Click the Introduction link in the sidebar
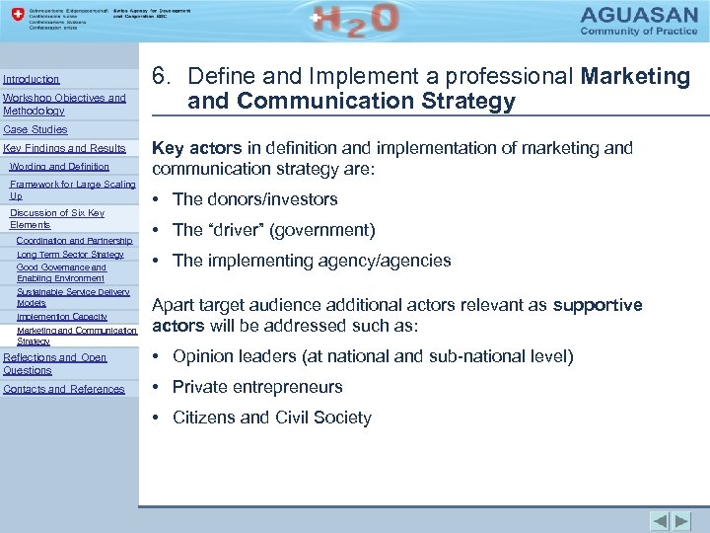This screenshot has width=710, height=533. [x=32, y=79]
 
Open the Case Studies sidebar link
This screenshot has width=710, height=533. [x=35, y=129]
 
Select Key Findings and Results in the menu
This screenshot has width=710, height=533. [x=65, y=148]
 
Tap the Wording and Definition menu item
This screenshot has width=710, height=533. [x=59, y=167]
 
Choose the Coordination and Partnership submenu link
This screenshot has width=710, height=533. [x=74, y=240]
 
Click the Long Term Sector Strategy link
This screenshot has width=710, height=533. [x=70, y=255]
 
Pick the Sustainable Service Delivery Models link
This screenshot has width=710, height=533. [x=73, y=297]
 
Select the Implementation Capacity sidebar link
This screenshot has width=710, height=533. [x=62, y=317]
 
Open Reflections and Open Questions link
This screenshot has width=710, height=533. [x=55, y=363]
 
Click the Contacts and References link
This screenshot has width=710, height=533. [x=64, y=389]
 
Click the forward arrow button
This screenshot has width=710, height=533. [x=683, y=520]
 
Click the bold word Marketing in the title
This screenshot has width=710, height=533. [x=636, y=76]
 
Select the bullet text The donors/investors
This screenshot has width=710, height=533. [x=254, y=199]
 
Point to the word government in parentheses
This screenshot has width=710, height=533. [x=322, y=231]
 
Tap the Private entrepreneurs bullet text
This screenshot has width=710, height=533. [x=257, y=387]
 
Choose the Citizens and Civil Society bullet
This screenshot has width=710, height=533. [x=271, y=418]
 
